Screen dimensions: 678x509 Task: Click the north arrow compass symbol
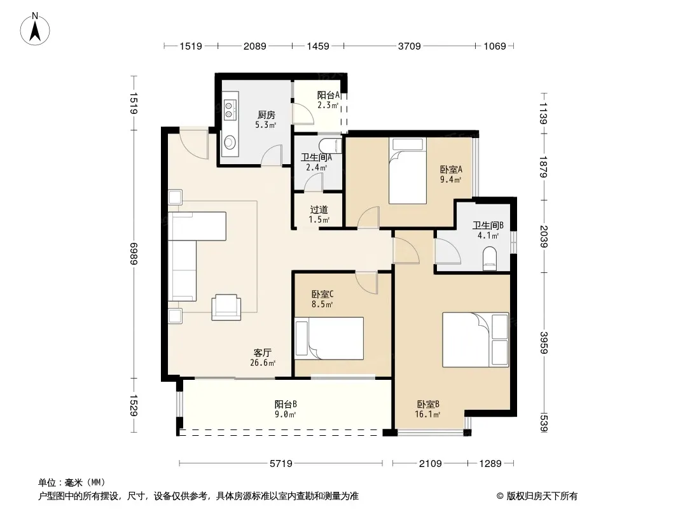tap(35, 29)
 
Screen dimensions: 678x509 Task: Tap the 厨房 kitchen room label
tap(266, 115)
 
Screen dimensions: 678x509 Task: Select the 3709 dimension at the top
tap(409, 46)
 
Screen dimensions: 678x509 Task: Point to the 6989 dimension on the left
tap(133, 253)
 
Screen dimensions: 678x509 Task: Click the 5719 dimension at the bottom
tap(281, 464)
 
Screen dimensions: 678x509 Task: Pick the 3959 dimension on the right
tap(544, 342)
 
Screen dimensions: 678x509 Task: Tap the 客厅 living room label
tap(263, 353)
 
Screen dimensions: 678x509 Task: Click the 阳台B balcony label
tap(286, 405)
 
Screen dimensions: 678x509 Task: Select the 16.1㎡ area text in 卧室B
tap(427, 414)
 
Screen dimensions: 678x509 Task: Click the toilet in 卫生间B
tap(490, 258)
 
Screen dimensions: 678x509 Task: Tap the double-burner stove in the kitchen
tap(230, 109)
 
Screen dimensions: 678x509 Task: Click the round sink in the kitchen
tap(230, 141)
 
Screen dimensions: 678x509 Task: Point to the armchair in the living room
tap(226, 307)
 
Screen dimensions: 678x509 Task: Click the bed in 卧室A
tap(407, 171)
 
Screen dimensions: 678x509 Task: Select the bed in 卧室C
tap(329, 338)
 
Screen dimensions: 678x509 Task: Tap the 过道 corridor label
tap(319, 210)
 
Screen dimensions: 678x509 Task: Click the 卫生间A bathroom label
tap(316, 157)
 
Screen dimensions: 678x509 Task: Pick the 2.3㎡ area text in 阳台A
tap(328, 105)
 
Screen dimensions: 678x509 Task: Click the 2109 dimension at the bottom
tap(430, 464)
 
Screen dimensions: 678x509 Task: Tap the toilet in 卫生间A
tap(330, 146)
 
